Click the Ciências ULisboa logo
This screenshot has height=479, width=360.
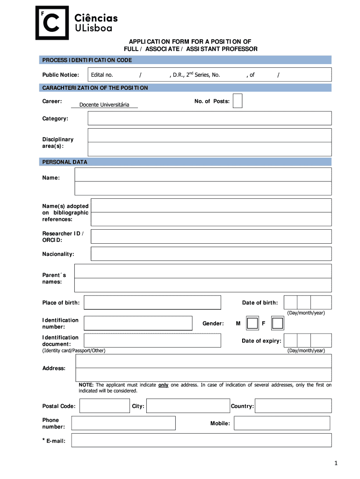[77, 22]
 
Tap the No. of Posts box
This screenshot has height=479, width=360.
[238, 101]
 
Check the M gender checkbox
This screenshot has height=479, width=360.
[252, 323]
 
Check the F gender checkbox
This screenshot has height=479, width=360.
[277, 323]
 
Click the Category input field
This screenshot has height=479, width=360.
[209, 119]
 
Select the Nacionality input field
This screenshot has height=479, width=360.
[211, 254]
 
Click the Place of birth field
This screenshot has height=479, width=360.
[152, 303]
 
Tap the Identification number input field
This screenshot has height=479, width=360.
[138, 323]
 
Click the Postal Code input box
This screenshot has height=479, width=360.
[104, 406]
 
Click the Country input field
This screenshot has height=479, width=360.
[293, 406]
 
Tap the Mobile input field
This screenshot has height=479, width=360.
[282, 423]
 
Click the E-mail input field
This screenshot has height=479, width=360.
[201, 440]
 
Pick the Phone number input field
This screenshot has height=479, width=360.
[123, 423]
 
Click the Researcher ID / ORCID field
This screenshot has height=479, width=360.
[211, 236]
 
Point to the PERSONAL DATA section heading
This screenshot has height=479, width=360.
[65, 162]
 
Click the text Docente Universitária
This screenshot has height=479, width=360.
[104, 105]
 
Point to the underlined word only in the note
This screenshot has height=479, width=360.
[163, 385]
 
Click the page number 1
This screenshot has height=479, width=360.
[336, 463]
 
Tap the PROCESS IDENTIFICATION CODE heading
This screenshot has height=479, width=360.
[87, 60]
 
